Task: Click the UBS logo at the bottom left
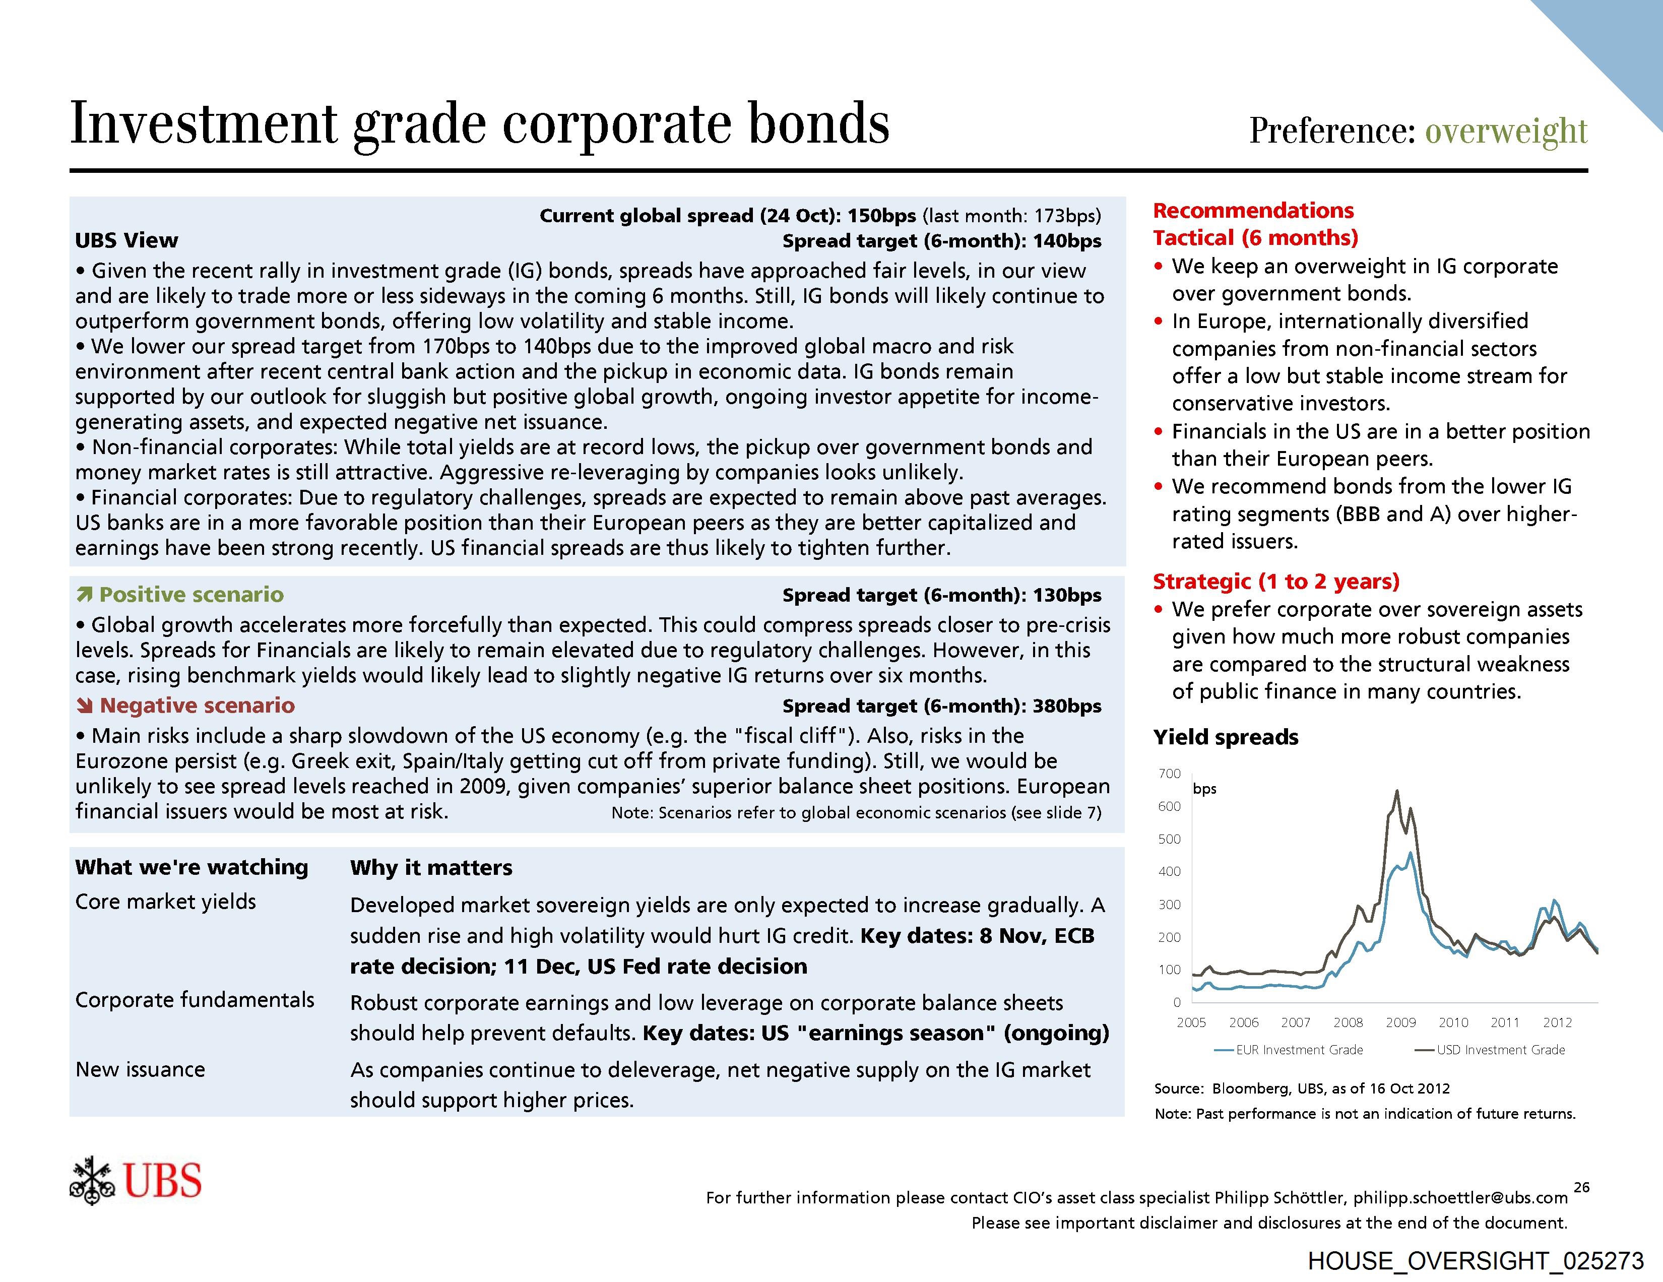pos(136,1181)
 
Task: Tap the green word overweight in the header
pos(1506,131)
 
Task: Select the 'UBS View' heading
pos(126,240)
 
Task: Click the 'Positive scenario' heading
pos(191,595)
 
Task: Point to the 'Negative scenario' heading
pos(197,706)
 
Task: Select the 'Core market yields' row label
pos(165,902)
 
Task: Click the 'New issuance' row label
pos(140,1070)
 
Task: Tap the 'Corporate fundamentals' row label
pos(194,1000)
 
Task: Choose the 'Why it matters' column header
pos(431,868)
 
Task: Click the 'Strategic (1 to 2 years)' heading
pos(1276,582)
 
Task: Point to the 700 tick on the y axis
pos(1170,774)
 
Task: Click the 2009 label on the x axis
pos(1400,1022)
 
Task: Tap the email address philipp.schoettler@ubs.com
pos(1460,1197)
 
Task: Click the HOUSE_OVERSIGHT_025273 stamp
pos(1476,1261)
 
